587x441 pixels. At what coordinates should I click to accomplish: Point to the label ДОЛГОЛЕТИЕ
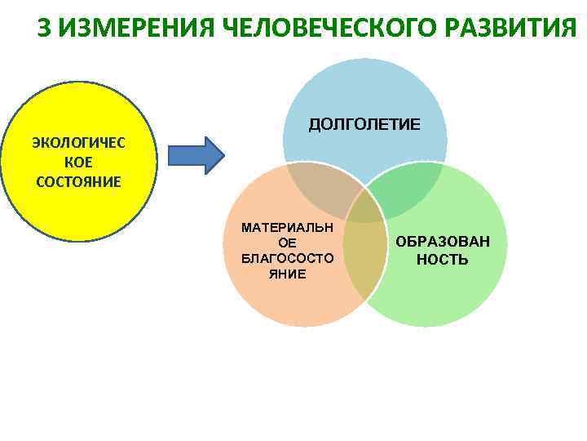[x=364, y=124]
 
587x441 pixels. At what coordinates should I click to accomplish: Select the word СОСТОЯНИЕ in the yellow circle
[x=78, y=180]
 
